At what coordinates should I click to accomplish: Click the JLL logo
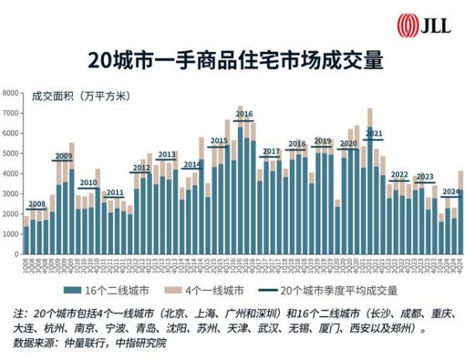[x=418, y=25]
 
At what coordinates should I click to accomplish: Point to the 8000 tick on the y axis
[x=11, y=93]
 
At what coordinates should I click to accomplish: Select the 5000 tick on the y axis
[x=11, y=153]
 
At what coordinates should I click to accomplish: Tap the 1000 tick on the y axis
[x=11, y=234]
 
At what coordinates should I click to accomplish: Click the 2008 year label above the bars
[x=36, y=205]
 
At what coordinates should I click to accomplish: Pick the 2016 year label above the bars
[x=244, y=115]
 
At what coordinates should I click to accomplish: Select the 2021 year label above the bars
[x=374, y=134]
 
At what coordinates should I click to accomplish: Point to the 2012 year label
[x=141, y=167]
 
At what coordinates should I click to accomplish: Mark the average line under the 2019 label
[x=322, y=146]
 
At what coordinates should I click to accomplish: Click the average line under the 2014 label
[x=192, y=170]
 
